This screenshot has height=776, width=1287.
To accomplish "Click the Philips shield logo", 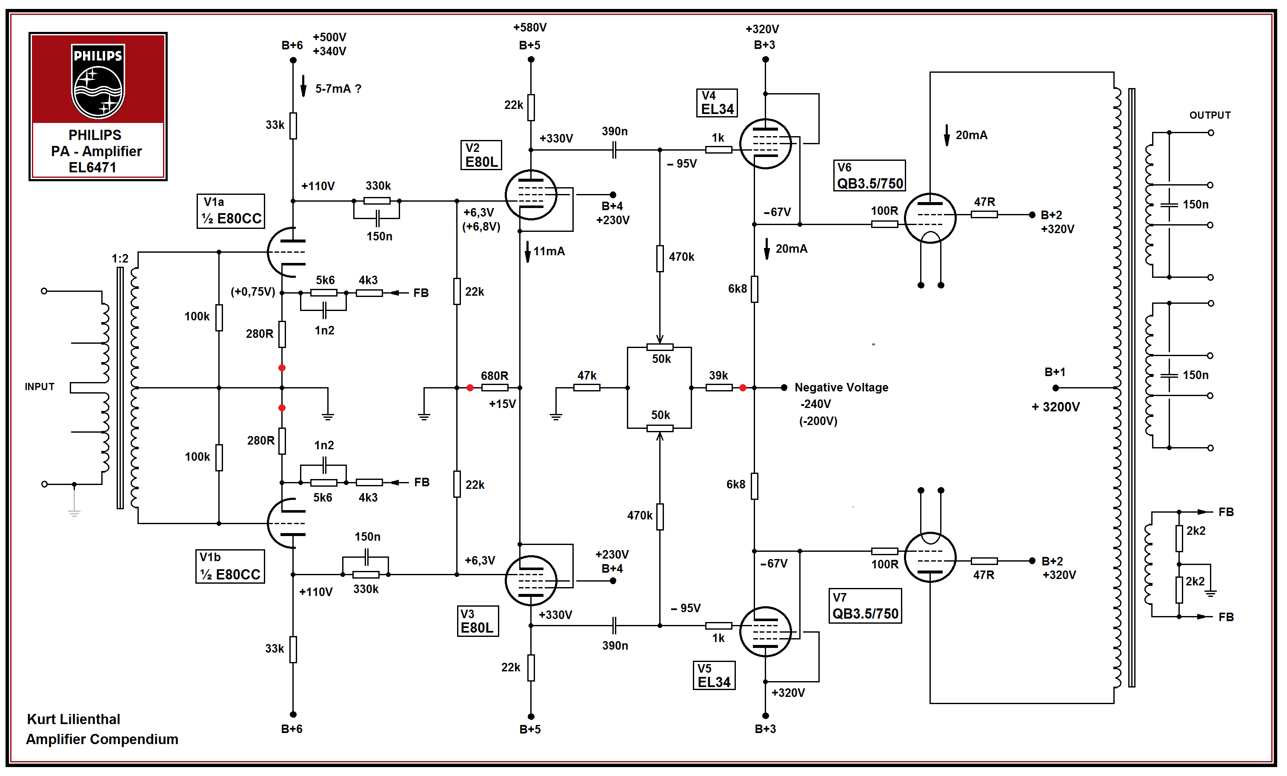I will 98,81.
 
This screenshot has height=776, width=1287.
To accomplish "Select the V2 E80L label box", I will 480,155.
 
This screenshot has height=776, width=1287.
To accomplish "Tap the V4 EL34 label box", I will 717,103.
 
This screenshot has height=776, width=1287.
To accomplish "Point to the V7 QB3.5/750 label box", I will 865,606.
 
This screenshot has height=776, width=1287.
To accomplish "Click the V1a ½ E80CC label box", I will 231,211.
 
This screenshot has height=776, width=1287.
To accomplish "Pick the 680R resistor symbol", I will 494,388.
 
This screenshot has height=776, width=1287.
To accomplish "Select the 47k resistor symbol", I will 586,388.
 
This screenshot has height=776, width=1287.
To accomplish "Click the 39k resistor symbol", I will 719,388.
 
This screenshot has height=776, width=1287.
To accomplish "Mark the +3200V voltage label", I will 1055,407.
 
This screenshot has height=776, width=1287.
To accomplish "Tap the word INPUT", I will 40,386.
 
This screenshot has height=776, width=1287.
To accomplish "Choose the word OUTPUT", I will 1210,115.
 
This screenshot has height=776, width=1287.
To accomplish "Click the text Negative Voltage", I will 841,388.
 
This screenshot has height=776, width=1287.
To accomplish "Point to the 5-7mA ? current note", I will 338,89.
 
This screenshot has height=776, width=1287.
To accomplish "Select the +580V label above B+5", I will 529,27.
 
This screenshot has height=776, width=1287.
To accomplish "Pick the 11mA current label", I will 549,251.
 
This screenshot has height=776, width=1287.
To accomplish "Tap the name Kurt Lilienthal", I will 74,719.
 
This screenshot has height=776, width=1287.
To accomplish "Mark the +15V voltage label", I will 502,404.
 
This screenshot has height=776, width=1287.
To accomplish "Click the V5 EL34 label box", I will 714,676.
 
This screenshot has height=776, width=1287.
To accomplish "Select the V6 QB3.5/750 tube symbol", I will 930,218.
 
